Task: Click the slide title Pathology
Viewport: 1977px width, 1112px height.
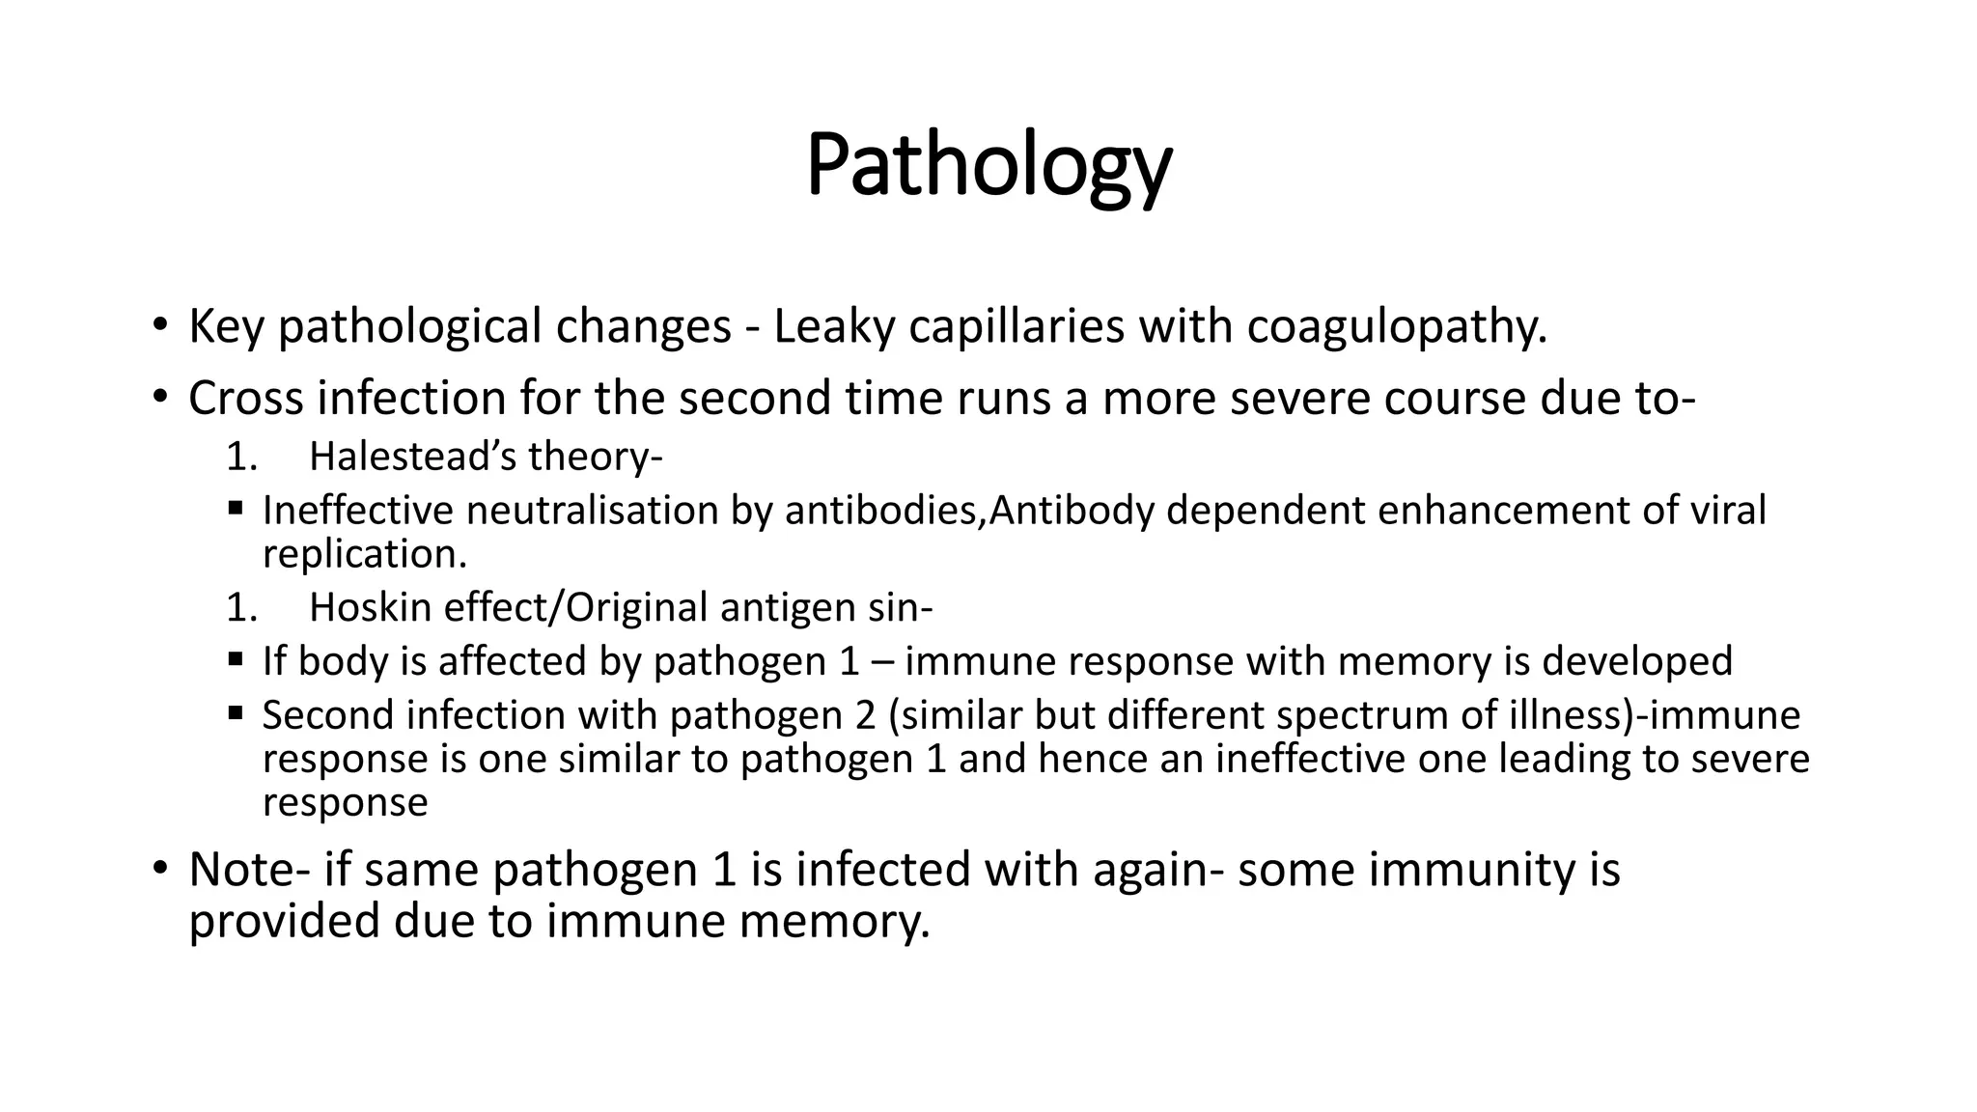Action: click(x=988, y=166)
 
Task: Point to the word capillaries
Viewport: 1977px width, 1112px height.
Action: click(x=1016, y=326)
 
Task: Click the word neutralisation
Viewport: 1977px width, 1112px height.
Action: click(x=592, y=511)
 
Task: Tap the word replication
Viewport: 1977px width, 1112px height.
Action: click(x=364, y=554)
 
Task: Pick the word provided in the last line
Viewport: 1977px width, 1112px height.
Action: click(x=284, y=921)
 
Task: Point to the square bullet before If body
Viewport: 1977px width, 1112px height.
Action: click(x=236, y=660)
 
